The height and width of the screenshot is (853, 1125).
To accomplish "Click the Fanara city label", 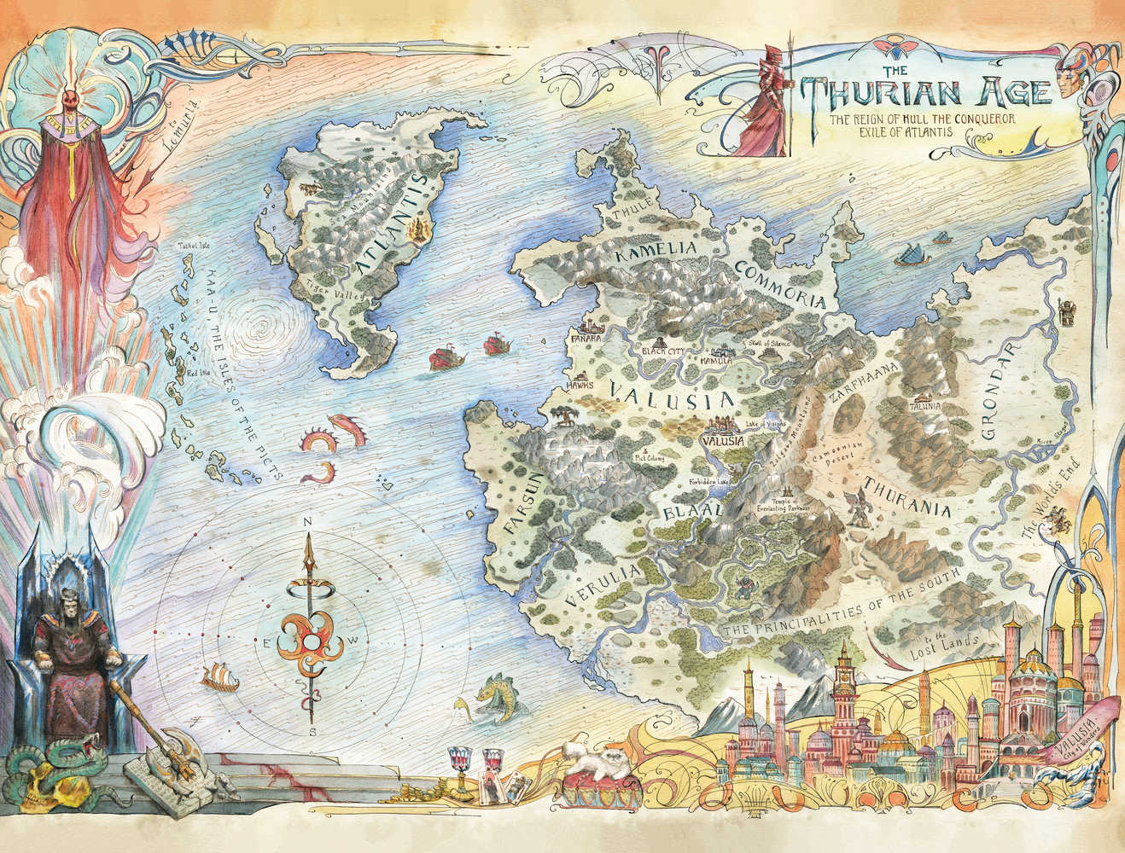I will pyautogui.click(x=588, y=339).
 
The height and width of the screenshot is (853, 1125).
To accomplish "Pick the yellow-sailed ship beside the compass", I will pyautogui.click(x=218, y=678).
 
